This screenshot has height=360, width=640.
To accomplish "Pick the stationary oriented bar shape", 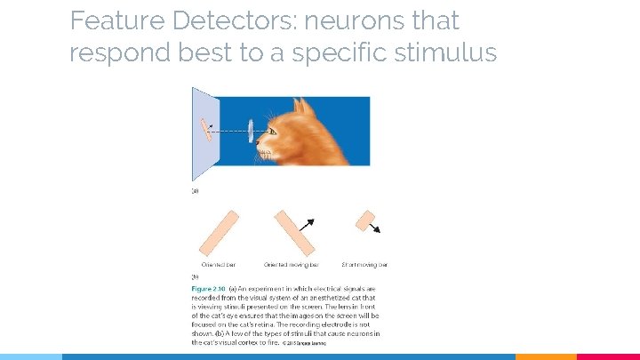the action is click(x=219, y=232).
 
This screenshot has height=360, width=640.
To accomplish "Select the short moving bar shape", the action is click(x=364, y=220).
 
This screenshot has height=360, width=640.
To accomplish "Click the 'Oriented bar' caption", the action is click(x=219, y=264).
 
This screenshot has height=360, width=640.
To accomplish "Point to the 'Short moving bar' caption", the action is click(x=364, y=264).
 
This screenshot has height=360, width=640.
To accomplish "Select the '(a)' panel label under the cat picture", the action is click(x=196, y=189).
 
